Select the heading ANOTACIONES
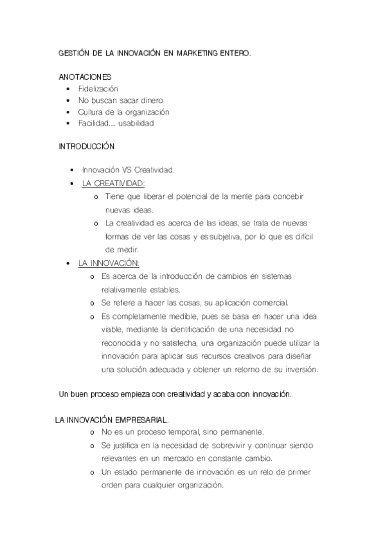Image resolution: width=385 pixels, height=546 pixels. [x=85, y=77]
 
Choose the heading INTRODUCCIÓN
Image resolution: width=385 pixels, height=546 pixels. [x=86, y=147]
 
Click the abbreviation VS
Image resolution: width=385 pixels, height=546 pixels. [x=126, y=170]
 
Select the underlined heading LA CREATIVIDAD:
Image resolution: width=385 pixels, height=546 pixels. [x=113, y=184]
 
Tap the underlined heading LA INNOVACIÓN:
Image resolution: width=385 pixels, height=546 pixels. [x=109, y=263]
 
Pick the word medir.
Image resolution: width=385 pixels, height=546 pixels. [x=116, y=250]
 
